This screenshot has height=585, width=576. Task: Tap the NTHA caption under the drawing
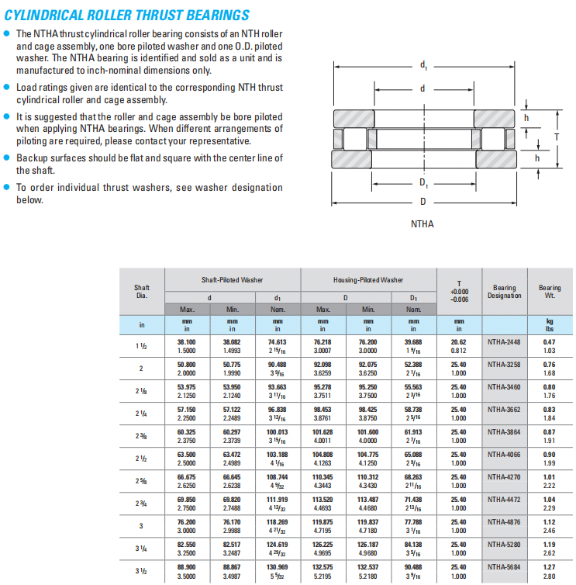tap(423, 224)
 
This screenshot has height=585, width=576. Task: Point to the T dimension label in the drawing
tap(557, 137)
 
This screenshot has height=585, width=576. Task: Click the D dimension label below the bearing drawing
tap(423, 201)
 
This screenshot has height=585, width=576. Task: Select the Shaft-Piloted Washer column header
tap(232, 279)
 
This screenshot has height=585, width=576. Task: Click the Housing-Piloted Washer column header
tap(368, 279)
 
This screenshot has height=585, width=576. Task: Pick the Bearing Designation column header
tap(504, 292)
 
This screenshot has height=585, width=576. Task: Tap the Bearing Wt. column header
tap(550, 292)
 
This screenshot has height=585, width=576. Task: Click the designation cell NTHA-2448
tap(504, 341)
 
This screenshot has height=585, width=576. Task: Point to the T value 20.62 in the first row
tap(458, 341)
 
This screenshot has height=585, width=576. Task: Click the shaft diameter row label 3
tap(141, 526)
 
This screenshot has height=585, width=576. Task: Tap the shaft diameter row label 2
tap(141, 369)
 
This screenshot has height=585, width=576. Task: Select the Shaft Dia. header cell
tap(141, 292)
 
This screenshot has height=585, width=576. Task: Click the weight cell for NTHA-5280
tap(550, 549)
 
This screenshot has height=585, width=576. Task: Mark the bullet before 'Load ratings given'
tap(7, 88)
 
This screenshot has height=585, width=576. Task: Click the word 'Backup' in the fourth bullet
tap(33, 157)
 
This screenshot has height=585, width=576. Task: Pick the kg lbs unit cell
tap(550, 324)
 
